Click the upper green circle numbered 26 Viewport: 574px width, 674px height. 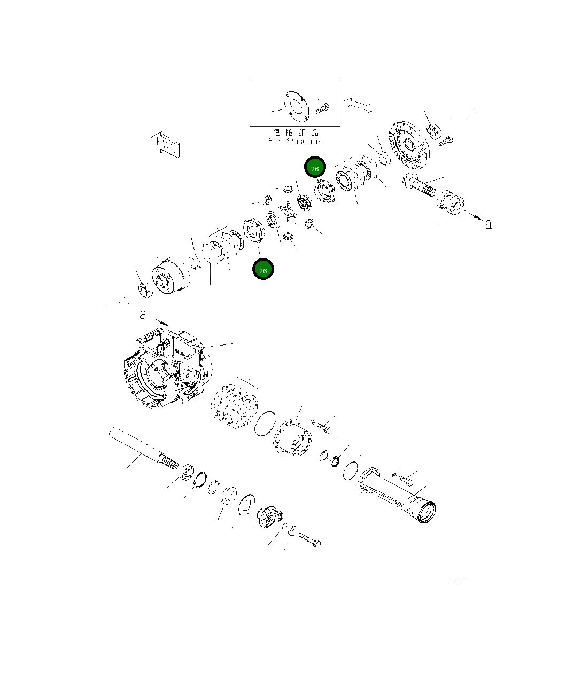pos(315,168)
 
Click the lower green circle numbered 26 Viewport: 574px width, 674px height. pos(263,270)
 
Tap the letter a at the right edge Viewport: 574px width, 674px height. pos(488,224)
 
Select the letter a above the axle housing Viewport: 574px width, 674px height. pos(143,315)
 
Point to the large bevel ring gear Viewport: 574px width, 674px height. pos(409,143)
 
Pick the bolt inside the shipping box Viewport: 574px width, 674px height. pos(322,108)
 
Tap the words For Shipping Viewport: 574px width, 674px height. pos(296,142)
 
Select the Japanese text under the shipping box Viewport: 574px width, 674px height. pos(296,132)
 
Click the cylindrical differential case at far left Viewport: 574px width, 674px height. pos(169,276)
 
